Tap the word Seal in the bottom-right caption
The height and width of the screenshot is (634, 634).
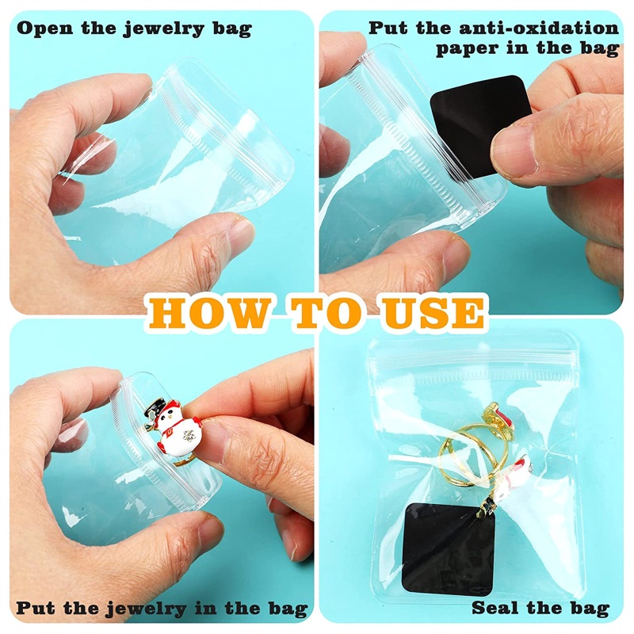(x=497, y=609)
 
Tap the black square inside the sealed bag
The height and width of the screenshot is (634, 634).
(x=449, y=548)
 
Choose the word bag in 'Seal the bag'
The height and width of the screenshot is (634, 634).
(x=589, y=609)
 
